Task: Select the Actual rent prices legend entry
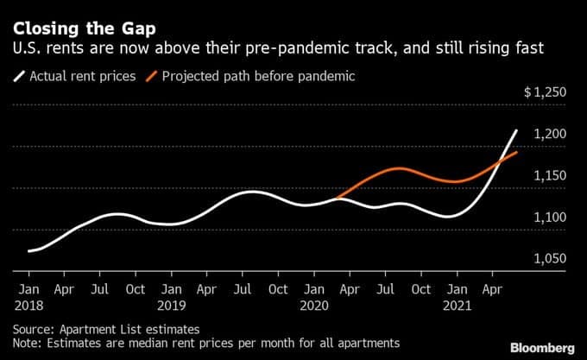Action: [x=79, y=77]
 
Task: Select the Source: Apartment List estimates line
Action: [x=105, y=329]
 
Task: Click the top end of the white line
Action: [x=516, y=131]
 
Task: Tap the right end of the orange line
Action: [x=516, y=153]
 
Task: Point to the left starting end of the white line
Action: [x=29, y=251]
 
